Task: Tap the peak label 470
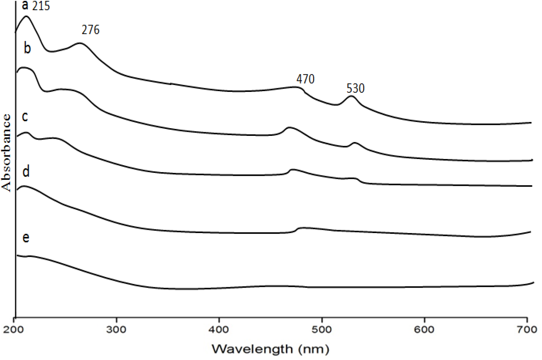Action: tap(306, 79)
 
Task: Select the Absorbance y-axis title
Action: tap(7, 153)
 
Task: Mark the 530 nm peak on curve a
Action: tap(351, 96)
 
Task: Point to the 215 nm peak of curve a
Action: tap(27, 17)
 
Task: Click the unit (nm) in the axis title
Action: tap(314, 349)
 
